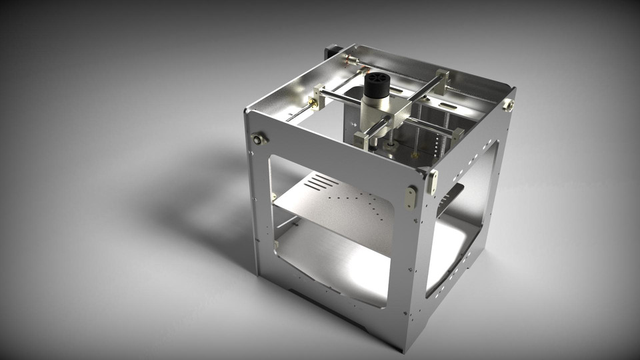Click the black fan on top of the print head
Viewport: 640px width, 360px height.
tap(376, 83)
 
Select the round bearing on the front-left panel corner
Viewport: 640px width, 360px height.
tap(258, 139)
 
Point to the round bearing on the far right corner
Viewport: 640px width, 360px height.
tap(509, 105)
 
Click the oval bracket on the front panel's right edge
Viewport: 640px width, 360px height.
tap(411, 197)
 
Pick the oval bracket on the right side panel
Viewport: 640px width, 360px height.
tap(433, 181)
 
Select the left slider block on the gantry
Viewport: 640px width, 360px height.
tap(319, 97)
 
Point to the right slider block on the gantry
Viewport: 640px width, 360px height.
tap(457, 133)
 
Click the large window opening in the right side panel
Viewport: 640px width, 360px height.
tap(460, 220)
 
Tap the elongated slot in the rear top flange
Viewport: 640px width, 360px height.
tap(449, 105)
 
